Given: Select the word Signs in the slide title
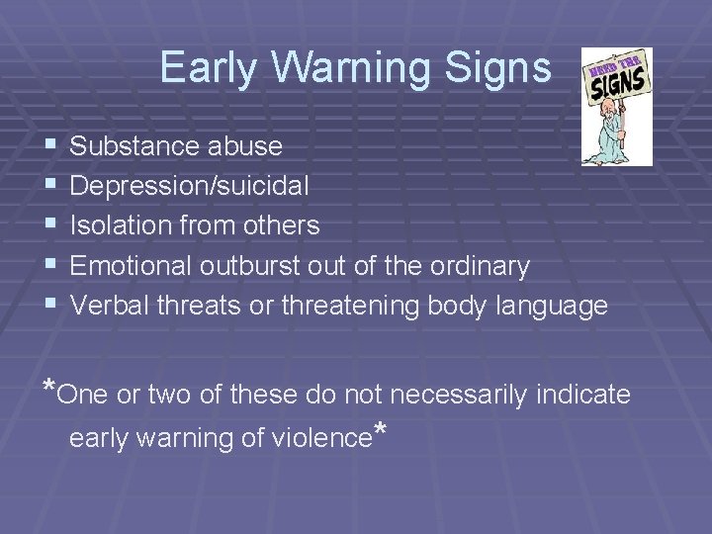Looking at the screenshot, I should coord(501,68).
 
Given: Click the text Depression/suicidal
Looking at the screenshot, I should coord(190,186).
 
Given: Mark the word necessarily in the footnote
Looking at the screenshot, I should coord(458,395).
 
